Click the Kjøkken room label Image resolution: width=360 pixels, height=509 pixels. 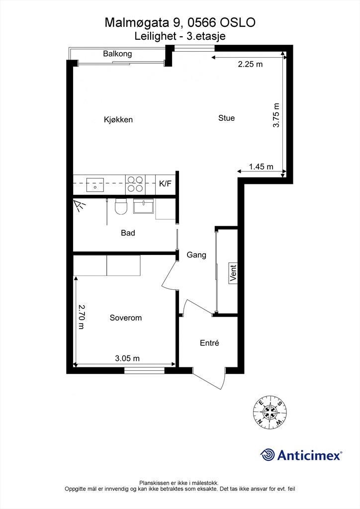(118, 120)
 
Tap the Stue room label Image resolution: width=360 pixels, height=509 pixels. (226, 118)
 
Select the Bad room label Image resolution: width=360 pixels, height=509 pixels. (128, 233)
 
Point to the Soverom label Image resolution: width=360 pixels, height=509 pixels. (126, 318)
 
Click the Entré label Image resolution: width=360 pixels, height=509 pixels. (209, 343)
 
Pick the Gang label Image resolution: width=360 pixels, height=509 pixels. (196, 255)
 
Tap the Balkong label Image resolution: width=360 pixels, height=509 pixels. (117, 54)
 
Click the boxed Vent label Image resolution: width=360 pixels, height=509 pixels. (233, 273)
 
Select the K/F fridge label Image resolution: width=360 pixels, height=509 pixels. (165, 184)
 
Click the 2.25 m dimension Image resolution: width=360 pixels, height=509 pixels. (250, 64)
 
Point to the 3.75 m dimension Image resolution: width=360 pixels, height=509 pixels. (277, 116)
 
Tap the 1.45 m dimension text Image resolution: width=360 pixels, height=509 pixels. (261, 167)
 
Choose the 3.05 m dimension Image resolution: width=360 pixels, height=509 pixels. (127, 358)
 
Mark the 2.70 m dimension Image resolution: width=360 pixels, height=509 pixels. (81, 317)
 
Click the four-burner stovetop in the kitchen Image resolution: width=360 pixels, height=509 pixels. (135, 184)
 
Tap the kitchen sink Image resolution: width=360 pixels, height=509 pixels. (94, 184)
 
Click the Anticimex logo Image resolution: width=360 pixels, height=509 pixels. (301, 455)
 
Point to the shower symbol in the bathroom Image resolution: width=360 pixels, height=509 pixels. (79, 205)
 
